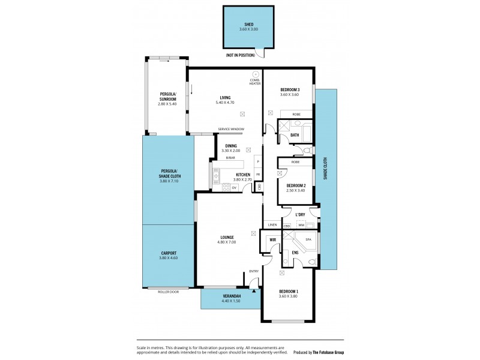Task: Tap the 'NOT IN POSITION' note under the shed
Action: click(240, 55)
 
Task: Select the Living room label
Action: click(225, 98)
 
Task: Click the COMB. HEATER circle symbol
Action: click(255, 74)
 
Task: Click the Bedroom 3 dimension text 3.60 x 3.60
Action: click(289, 95)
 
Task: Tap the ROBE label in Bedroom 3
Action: click(296, 114)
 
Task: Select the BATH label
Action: click(295, 135)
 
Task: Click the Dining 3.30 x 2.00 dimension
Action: click(230, 150)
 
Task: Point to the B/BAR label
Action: click(230, 158)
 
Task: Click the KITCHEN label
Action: click(235, 175)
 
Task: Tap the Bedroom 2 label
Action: click(296, 185)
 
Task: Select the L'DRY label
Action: click(301, 214)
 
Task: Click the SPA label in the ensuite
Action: click(308, 239)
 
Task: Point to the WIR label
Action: click(272, 239)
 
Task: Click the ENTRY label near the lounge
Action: click(254, 271)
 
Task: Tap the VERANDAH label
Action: click(231, 296)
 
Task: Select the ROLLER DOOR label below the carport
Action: click(169, 292)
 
